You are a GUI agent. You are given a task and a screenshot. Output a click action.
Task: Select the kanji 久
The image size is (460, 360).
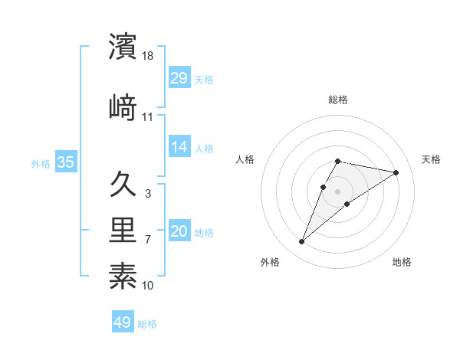tap(123, 183)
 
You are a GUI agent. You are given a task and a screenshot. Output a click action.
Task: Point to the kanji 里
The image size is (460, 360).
tap(123, 230)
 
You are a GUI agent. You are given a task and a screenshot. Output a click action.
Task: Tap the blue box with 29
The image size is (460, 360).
tap(179, 78)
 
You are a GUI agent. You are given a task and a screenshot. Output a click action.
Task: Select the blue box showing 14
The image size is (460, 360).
tap(179, 147)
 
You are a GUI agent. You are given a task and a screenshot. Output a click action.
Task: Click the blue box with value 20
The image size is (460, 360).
tap(179, 231)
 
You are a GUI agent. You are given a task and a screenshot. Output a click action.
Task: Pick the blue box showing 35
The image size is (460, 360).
tap(65, 162)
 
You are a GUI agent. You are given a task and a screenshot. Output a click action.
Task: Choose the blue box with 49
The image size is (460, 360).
tap(123, 322)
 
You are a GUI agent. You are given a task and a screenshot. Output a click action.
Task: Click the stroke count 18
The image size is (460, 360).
tap(149, 56)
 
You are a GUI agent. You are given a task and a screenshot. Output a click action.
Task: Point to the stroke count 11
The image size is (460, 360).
tap(148, 117)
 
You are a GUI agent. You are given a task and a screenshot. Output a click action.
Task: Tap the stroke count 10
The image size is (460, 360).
tap(148, 286)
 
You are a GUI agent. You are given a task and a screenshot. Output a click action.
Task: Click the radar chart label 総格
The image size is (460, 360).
tap(338, 100)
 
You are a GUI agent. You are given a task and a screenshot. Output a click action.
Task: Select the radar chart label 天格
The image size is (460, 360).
tap(432, 159)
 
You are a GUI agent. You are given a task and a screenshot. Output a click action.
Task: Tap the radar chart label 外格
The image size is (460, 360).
tap(270, 262)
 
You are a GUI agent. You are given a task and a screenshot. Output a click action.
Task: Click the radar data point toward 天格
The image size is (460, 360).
tap(396, 172)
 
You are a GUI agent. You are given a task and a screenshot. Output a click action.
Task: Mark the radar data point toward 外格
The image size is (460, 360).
tap(302, 242)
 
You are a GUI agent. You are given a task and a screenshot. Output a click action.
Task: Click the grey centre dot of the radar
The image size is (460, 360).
tap(338, 191)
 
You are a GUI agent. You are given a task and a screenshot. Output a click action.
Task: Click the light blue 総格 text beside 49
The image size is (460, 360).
tap(147, 324)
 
